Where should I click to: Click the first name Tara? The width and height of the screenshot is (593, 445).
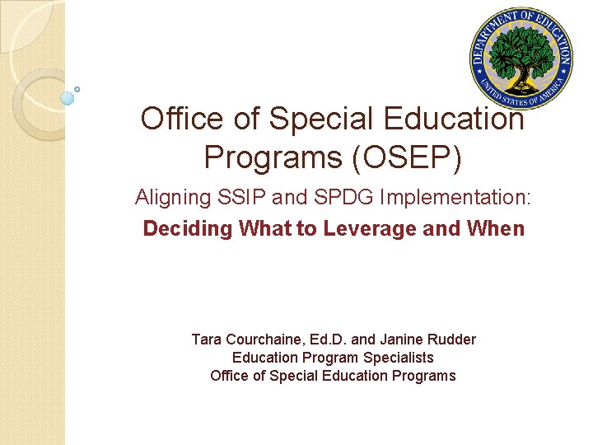click(x=206, y=340)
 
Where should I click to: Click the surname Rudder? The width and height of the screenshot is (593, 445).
click(x=451, y=340)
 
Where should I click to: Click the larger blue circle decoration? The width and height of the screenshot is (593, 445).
click(x=68, y=98)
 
